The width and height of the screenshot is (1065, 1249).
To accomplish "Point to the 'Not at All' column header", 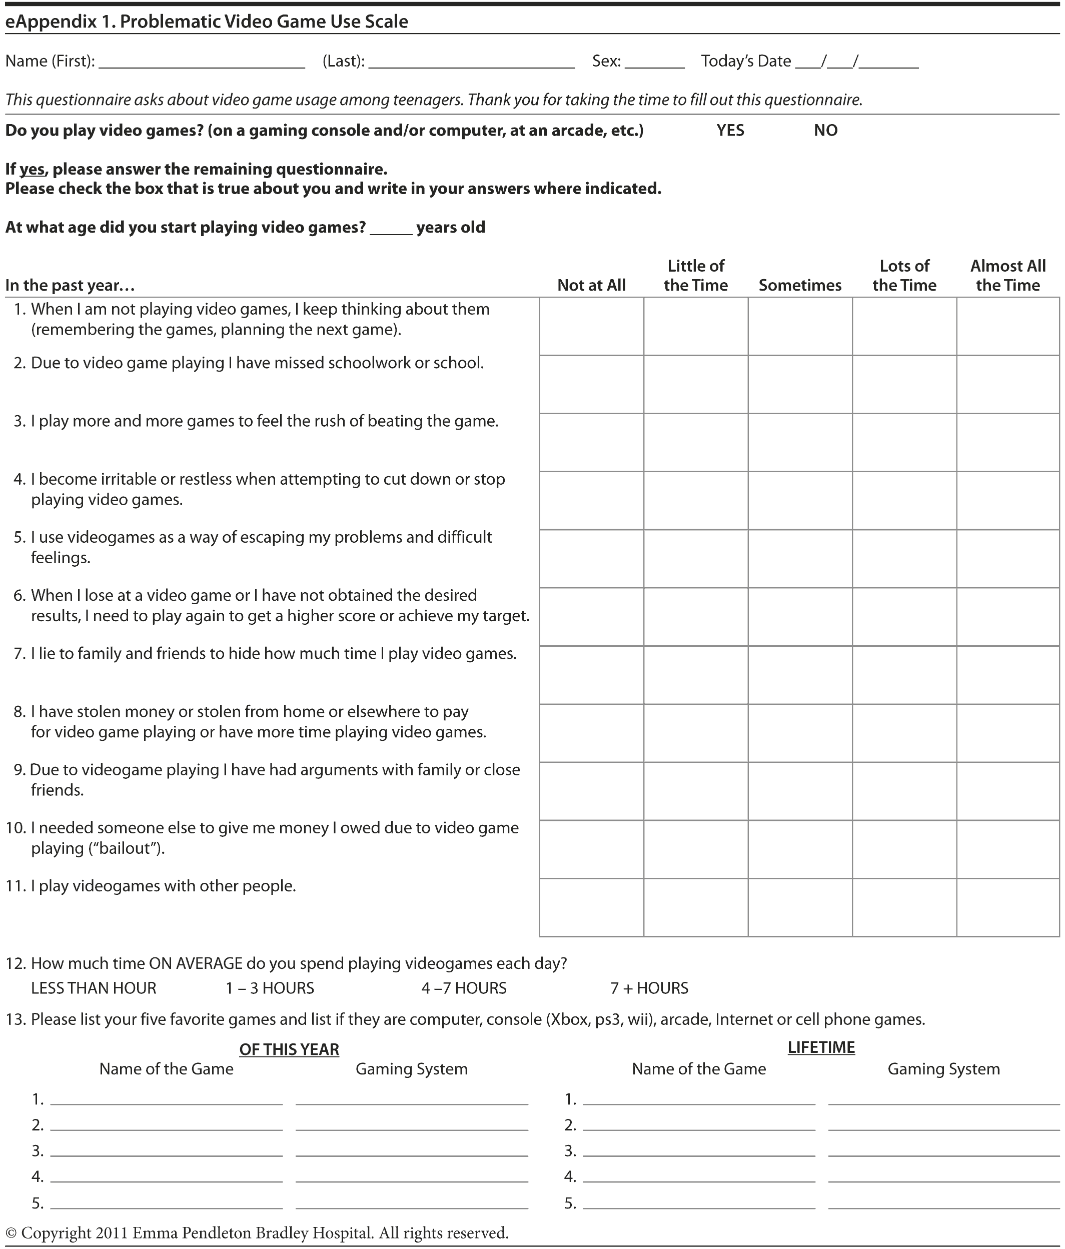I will [x=591, y=285].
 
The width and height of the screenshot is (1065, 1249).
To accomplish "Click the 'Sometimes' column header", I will [x=800, y=285].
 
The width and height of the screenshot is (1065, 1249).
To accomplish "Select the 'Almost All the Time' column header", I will [x=1008, y=276].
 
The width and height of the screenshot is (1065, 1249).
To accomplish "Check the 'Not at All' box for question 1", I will [x=591, y=326].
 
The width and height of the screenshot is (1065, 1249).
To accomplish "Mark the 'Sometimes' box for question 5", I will [x=800, y=558].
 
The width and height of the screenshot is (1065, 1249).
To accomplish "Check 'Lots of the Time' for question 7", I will [x=904, y=675].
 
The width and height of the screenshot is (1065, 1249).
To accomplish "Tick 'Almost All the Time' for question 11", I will [x=1008, y=907].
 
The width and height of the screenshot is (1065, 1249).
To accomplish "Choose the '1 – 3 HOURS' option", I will [x=270, y=988].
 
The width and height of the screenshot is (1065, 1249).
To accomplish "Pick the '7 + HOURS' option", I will [x=649, y=988].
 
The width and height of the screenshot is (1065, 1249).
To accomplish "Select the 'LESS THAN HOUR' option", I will [x=94, y=988].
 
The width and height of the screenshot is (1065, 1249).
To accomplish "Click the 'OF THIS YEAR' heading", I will [x=289, y=1049].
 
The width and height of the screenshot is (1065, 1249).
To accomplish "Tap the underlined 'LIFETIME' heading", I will [x=821, y=1047].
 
